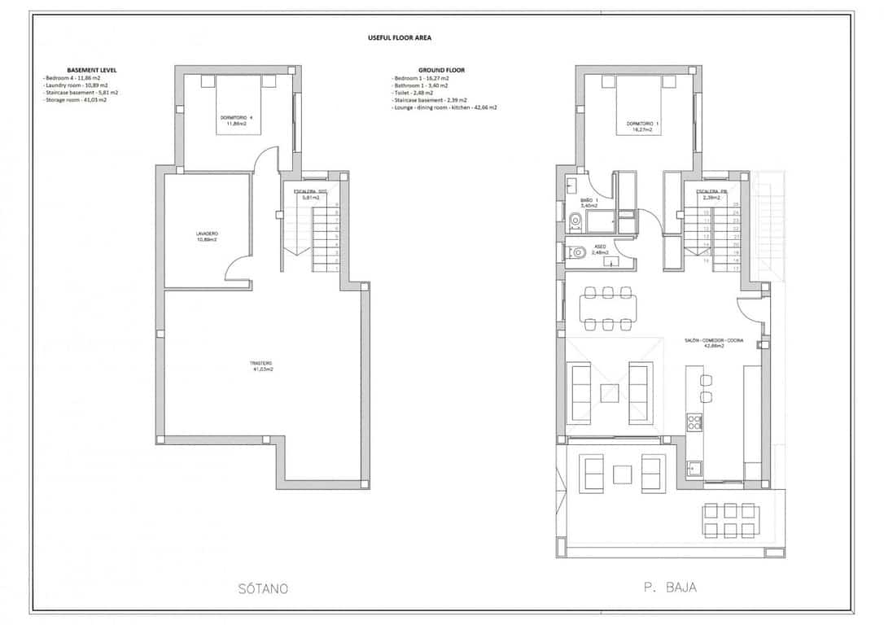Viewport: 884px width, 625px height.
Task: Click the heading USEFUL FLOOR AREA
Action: pyautogui.click(x=399, y=37)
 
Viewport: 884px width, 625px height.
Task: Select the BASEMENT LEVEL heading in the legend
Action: pyautogui.click(x=91, y=70)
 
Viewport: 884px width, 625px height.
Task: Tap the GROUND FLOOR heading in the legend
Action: pyautogui.click(x=441, y=70)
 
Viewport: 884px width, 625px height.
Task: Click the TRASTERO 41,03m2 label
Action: pyautogui.click(x=261, y=366)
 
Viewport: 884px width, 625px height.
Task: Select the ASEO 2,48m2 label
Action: pyautogui.click(x=600, y=249)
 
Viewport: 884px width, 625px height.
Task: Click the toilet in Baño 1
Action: pyautogui.click(x=576, y=219)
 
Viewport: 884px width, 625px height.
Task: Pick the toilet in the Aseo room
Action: pyautogui.click(x=577, y=252)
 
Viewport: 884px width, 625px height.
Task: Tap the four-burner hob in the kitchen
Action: pyautogui.click(x=695, y=422)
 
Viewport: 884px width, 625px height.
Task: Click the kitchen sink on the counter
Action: pyautogui.click(x=694, y=467)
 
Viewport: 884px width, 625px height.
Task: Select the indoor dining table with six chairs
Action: pyautogui.click(x=608, y=308)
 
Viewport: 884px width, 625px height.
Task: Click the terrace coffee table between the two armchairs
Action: pyautogui.click(x=623, y=473)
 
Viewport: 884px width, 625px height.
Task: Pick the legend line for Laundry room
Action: pyautogui.click(x=75, y=85)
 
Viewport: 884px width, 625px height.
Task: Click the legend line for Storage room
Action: pyautogui.click(x=75, y=100)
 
